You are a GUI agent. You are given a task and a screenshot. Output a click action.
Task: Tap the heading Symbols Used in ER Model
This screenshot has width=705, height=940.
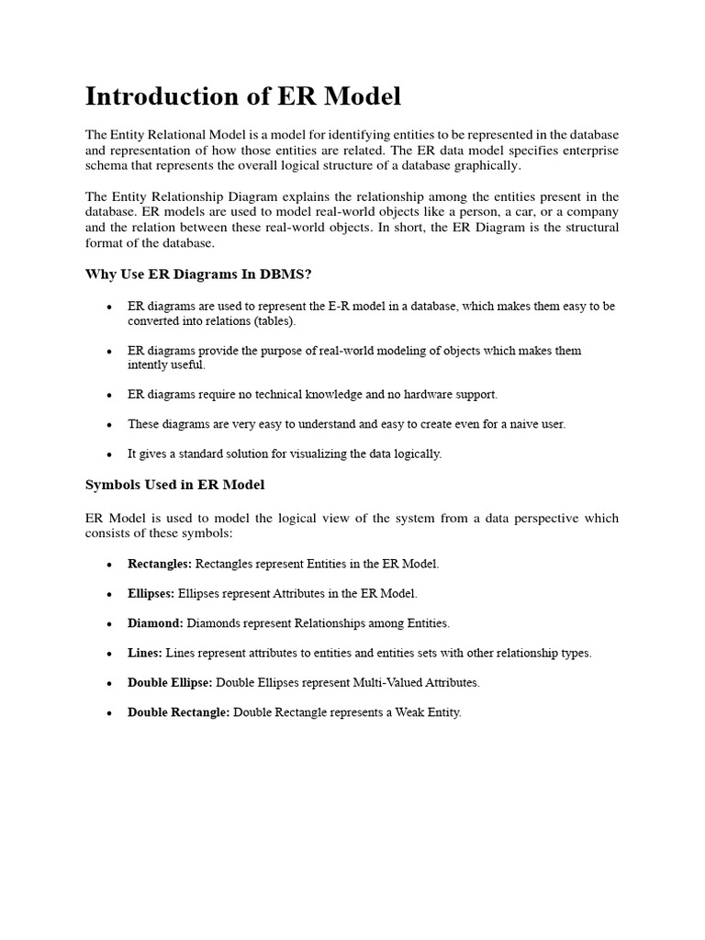point(174,484)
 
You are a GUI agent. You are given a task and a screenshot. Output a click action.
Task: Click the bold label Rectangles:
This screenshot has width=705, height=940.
point(160,564)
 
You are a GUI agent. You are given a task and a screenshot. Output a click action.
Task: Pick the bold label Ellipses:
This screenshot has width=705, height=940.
point(151,594)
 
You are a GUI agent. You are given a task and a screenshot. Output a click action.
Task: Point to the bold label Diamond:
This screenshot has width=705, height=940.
point(155,623)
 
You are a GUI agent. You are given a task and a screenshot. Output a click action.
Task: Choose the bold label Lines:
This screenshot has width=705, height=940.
point(145,653)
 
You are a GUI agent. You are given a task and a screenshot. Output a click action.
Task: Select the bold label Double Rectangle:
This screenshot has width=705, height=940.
point(178,712)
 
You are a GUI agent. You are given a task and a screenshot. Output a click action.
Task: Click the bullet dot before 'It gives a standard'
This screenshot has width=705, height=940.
point(109,454)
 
